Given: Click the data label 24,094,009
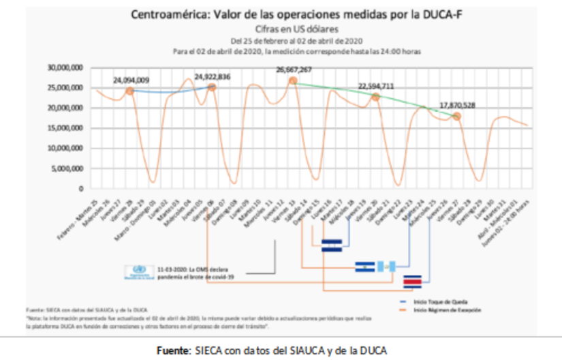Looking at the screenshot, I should click(131, 80).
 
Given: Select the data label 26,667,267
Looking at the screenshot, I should click(294, 70).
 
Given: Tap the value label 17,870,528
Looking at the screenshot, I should click(457, 106).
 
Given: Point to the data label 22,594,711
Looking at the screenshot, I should click(376, 86).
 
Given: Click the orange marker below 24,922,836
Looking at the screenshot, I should click(211, 87).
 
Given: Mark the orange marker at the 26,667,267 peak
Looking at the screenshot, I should click(293, 80).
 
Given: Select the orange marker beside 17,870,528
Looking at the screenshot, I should click(456, 117).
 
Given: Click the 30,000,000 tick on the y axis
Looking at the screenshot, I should click(65, 67).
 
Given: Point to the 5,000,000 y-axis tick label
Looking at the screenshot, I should click(67, 168).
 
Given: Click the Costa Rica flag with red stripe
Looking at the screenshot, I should click(413, 281).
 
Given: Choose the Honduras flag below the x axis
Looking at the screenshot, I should click(331, 245).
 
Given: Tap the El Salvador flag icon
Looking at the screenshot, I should click(365, 267).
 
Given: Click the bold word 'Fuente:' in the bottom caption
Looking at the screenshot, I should click(172, 350).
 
